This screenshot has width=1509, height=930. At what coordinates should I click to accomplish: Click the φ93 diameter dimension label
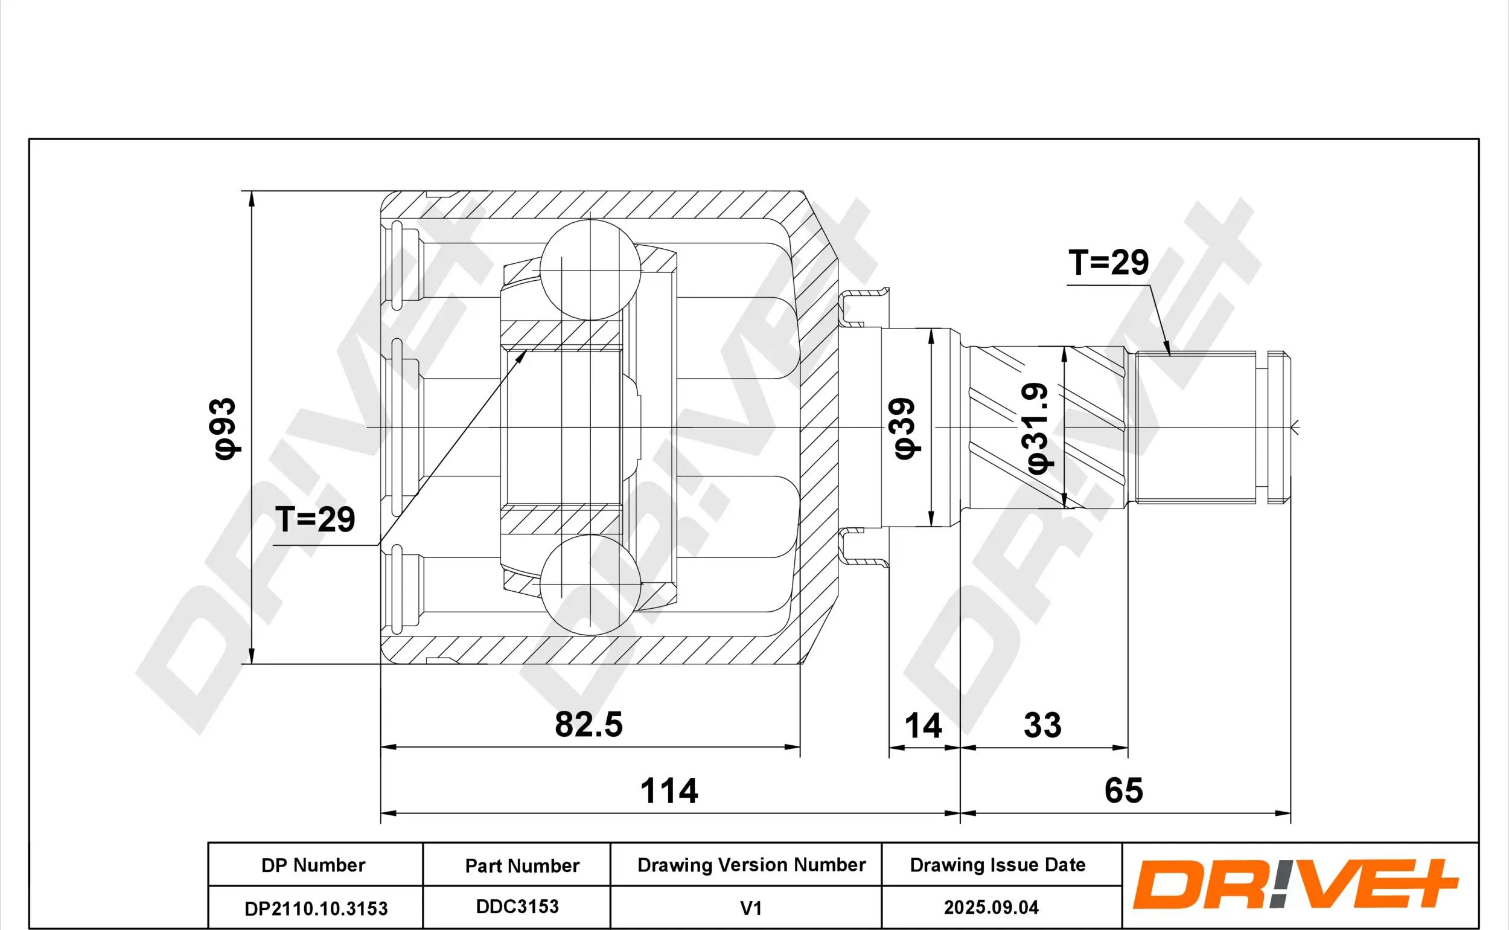(223, 428)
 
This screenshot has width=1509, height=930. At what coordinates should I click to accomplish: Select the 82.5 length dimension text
(589, 725)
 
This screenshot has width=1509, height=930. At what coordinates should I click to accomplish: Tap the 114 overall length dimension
(669, 791)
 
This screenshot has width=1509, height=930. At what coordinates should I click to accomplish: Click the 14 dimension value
(923, 726)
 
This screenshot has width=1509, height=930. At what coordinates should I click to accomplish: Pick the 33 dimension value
(1042, 725)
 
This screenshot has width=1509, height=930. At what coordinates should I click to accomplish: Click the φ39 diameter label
(905, 428)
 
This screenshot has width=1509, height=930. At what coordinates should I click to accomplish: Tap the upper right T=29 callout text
(1108, 263)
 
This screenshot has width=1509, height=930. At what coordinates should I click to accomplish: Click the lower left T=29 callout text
(314, 519)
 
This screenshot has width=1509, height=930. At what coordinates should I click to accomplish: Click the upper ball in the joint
(590, 269)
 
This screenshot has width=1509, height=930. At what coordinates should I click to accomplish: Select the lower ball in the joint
(590, 585)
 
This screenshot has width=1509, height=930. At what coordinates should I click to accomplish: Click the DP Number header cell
(313, 865)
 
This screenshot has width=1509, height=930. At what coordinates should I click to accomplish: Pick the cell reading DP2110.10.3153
(316, 908)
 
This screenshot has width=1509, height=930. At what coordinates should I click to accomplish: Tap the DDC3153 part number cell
(517, 906)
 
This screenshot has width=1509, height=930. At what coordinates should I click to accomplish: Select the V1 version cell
(750, 908)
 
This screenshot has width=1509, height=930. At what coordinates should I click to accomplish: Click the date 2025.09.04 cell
(991, 907)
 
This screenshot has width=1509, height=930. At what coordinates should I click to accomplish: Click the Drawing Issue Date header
(997, 865)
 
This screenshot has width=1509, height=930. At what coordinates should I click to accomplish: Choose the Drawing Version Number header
(750, 865)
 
